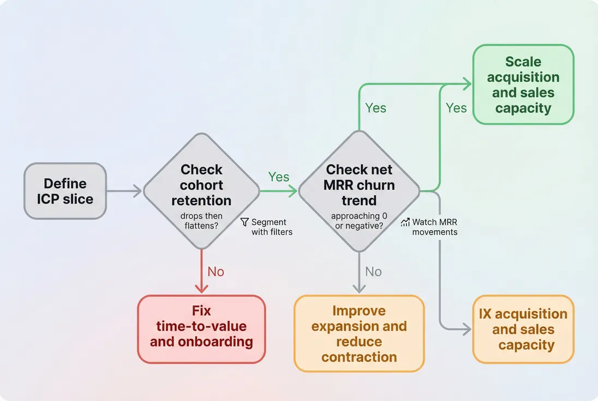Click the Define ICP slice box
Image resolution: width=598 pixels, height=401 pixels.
pyautogui.click(x=65, y=191)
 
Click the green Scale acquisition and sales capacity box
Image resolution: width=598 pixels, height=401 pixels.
pyautogui.click(x=523, y=85)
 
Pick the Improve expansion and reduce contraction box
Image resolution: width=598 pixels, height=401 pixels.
pyautogui.click(x=358, y=333)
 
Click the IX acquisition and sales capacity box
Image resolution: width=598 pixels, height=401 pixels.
pyautogui.click(x=523, y=329)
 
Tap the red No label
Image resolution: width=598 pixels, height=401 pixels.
pyautogui.click(x=216, y=272)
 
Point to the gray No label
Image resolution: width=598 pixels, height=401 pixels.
pyautogui.click(x=373, y=272)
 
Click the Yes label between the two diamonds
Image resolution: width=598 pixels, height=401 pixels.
pyautogui.click(x=278, y=177)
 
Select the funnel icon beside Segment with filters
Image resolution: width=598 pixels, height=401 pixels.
pyautogui.click(x=244, y=223)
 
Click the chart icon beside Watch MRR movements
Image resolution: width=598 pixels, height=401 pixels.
pyautogui.click(x=405, y=223)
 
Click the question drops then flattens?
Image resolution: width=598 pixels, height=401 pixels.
pyautogui.click(x=201, y=221)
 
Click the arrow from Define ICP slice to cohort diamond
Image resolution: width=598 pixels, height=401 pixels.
pyautogui.click(x=124, y=191)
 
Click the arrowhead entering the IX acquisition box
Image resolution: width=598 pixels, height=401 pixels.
pyautogui.click(x=467, y=329)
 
